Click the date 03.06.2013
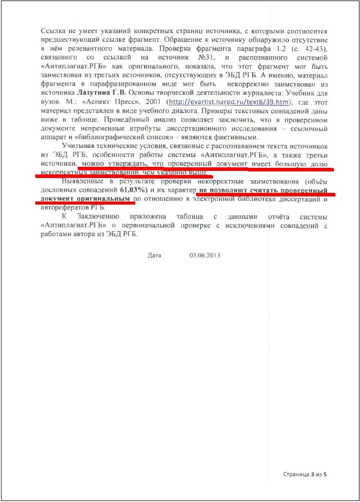pos(204,255)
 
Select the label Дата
pos(154,255)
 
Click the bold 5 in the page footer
pos(325,474)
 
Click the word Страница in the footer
pos(296,474)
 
